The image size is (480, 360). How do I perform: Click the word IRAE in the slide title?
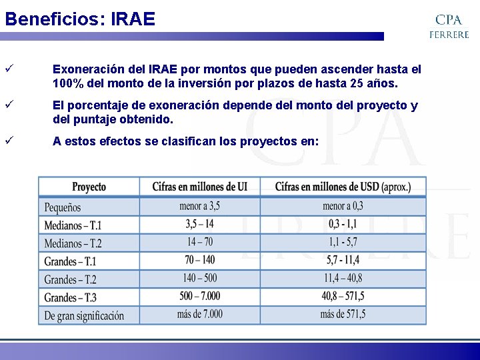(x=133, y=19)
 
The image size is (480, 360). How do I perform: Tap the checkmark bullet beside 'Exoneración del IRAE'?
(x=9, y=69)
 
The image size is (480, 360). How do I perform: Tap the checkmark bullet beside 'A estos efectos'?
(x=9, y=141)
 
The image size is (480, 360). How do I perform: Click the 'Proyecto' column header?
(x=89, y=187)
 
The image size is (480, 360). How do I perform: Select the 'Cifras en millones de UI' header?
(x=199, y=187)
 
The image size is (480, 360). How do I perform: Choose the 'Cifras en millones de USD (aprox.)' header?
(x=343, y=187)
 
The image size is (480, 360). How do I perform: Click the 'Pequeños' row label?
(x=63, y=207)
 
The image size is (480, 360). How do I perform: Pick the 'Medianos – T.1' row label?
(x=73, y=225)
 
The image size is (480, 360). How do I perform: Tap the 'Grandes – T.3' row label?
(x=71, y=297)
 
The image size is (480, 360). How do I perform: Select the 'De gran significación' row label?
(x=84, y=315)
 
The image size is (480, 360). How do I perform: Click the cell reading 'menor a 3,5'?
(x=199, y=207)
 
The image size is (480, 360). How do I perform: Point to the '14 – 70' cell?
(x=199, y=243)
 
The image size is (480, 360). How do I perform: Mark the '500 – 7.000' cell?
(x=199, y=296)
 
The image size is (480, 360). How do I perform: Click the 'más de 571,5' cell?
(x=343, y=314)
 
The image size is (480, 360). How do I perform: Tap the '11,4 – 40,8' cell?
(x=343, y=279)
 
